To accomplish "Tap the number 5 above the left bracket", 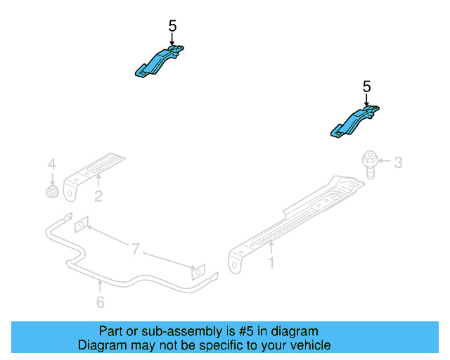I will click(172, 26).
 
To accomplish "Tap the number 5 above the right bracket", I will click(366, 86).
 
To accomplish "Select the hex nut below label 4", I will click(51, 191).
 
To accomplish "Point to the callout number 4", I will click(51, 165).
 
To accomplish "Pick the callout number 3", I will click(398, 163).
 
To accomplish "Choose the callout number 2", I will click(98, 197).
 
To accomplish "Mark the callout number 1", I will click(271, 263).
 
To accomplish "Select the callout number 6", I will click(101, 302).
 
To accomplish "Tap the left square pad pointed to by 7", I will click(82, 223).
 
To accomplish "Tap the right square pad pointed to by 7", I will click(199, 271).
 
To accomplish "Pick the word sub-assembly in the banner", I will click(172, 330).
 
